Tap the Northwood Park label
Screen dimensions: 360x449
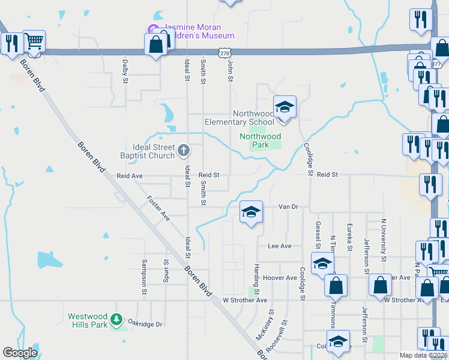[x=260, y=140]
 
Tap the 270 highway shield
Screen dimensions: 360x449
[x=224, y=53]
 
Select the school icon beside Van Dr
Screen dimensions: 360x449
[x=252, y=212]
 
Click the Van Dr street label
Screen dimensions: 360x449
[x=288, y=206]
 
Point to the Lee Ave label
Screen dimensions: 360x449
[x=279, y=246]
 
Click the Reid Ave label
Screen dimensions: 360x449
[x=129, y=176]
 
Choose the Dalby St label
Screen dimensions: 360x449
[x=125, y=71]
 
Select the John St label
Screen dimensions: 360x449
[x=230, y=70]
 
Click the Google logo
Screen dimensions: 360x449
[x=20, y=353]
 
